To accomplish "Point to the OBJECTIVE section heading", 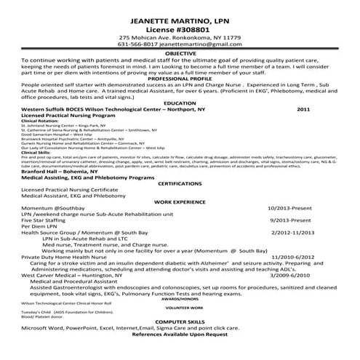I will point(180,54).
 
